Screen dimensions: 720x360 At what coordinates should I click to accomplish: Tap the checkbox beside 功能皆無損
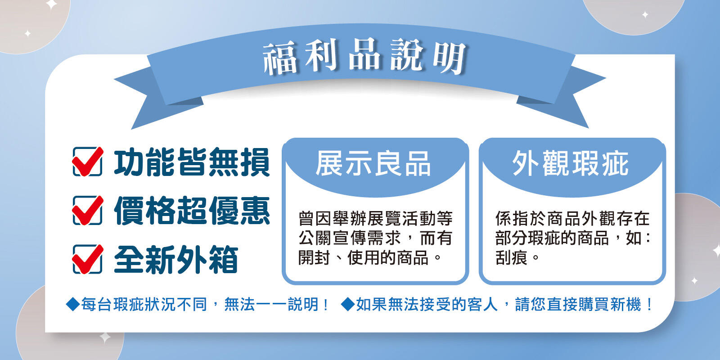pyautogui.click(x=87, y=162)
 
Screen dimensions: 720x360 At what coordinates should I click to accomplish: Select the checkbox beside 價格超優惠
pyautogui.click(x=87, y=211)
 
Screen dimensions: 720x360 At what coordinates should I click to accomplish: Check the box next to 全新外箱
pyautogui.click(x=87, y=259)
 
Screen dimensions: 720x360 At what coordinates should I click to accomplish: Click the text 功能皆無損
pyautogui.click(x=192, y=162)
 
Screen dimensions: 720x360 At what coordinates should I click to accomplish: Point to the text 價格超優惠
pyautogui.click(x=192, y=211)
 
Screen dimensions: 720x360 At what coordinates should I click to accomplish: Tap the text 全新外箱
pyautogui.click(x=176, y=259)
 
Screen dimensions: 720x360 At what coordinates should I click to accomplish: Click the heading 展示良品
pyautogui.click(x=373, y=164)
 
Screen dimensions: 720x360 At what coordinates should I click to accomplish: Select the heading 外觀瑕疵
pyautogui.click(x=570, y=164)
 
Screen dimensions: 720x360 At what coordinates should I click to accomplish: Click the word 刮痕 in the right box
pyautogui.click(x=511, y=257)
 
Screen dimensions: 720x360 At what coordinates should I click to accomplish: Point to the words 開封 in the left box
pyautogui.click(x=314, y=257)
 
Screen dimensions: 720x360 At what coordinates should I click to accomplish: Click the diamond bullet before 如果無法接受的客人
pyautogui.click(x=348, y=304)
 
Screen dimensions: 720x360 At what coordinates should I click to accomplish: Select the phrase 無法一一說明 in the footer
pyautogui.click(x=271, y=304)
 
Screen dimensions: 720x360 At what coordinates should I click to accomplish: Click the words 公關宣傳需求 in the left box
pyautogui.click(x=350, y=238)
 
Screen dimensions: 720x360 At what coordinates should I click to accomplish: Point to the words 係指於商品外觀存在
pyautogui.click(x=572, y=219)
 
